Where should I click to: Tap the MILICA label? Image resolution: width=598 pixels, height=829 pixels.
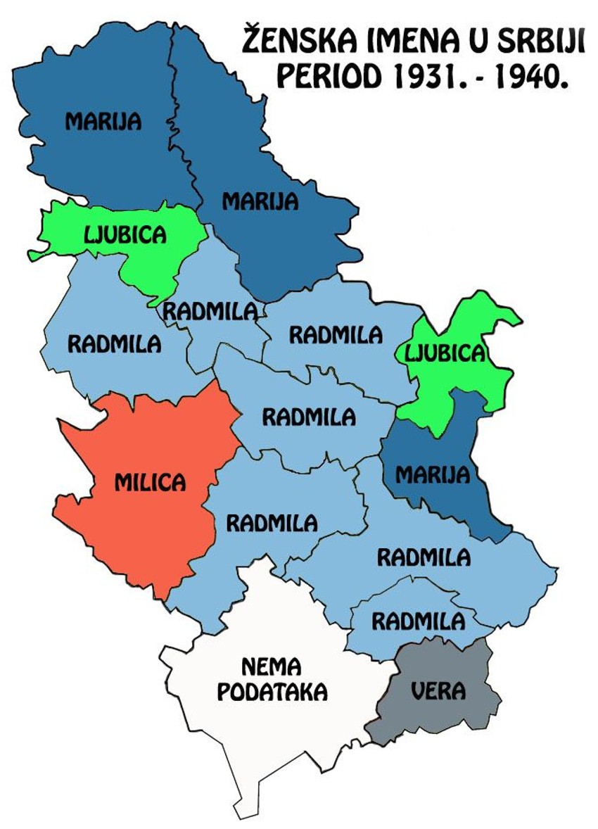coord(151,482)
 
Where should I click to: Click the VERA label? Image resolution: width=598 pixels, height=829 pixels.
coord(438,691)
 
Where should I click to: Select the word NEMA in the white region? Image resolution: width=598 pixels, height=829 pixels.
coord(272,666)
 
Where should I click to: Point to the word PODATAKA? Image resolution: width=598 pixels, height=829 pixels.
coord(272,692)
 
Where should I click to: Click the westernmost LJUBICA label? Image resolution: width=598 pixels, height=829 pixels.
coord(125,234)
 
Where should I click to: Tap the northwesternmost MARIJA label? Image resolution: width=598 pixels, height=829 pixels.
coord(103,122)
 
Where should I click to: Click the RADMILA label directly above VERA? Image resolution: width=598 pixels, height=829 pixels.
coord(419,622)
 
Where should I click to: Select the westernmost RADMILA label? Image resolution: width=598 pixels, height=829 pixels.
coord(114,344)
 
